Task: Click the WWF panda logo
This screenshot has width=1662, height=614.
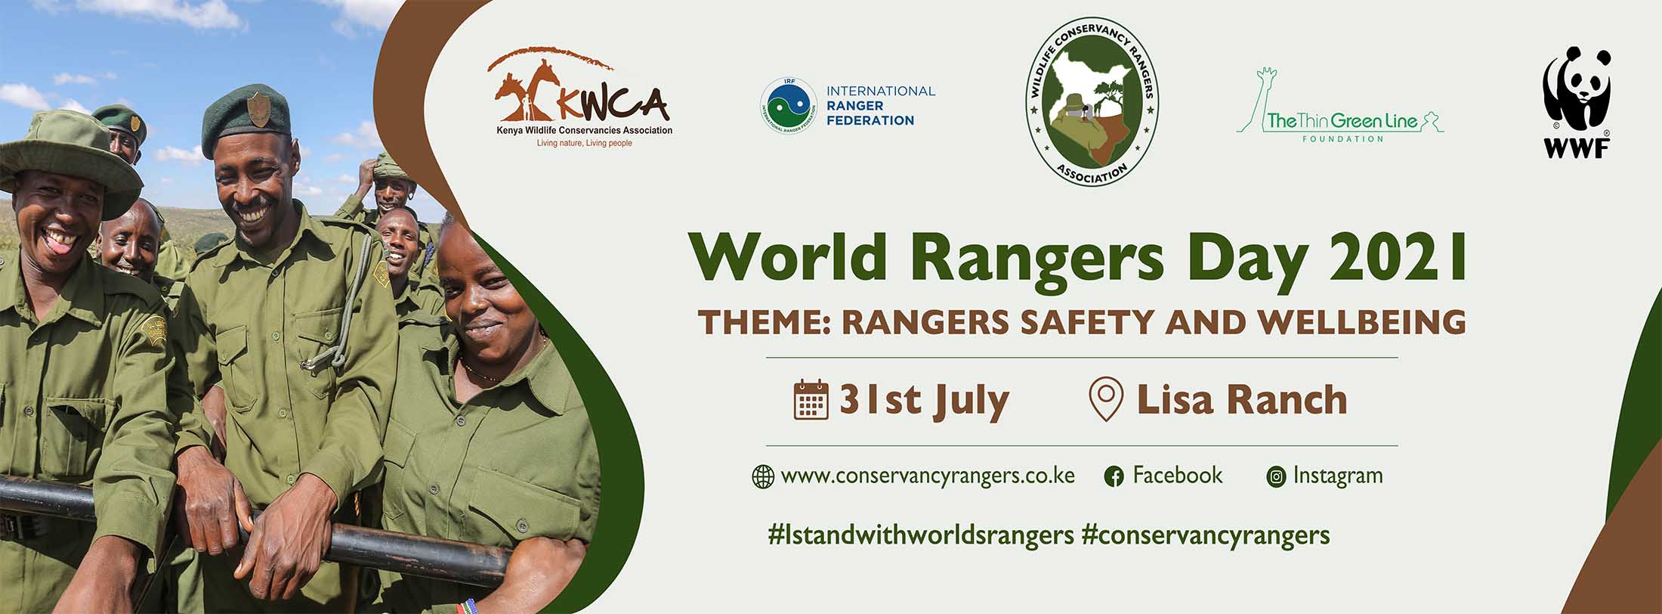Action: point(1576,101)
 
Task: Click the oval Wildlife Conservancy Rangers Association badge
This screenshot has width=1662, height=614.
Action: point(1092,101)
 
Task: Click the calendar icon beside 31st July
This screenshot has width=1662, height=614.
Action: point(811,400)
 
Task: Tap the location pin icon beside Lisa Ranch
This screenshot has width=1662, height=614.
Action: point(1106,401)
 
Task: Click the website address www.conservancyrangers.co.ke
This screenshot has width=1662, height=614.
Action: point(927,476)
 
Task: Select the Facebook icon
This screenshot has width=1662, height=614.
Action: point(1114,477)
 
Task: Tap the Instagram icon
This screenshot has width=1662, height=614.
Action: point(1276,477)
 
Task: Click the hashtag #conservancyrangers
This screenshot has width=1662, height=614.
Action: point(1205,535)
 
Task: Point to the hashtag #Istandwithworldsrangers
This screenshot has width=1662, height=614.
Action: point(920,535)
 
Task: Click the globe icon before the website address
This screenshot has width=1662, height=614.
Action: point(763,477)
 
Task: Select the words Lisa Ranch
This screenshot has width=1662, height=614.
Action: point(1241,400)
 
